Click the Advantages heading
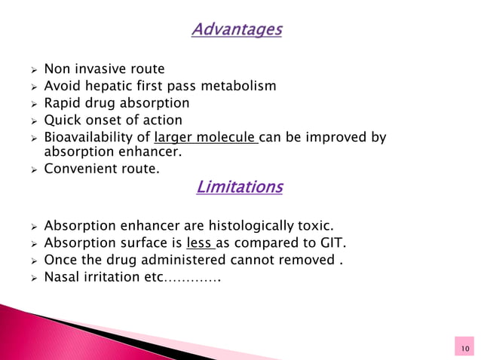236,30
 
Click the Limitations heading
239,187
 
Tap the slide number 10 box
463,348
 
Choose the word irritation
112,277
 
